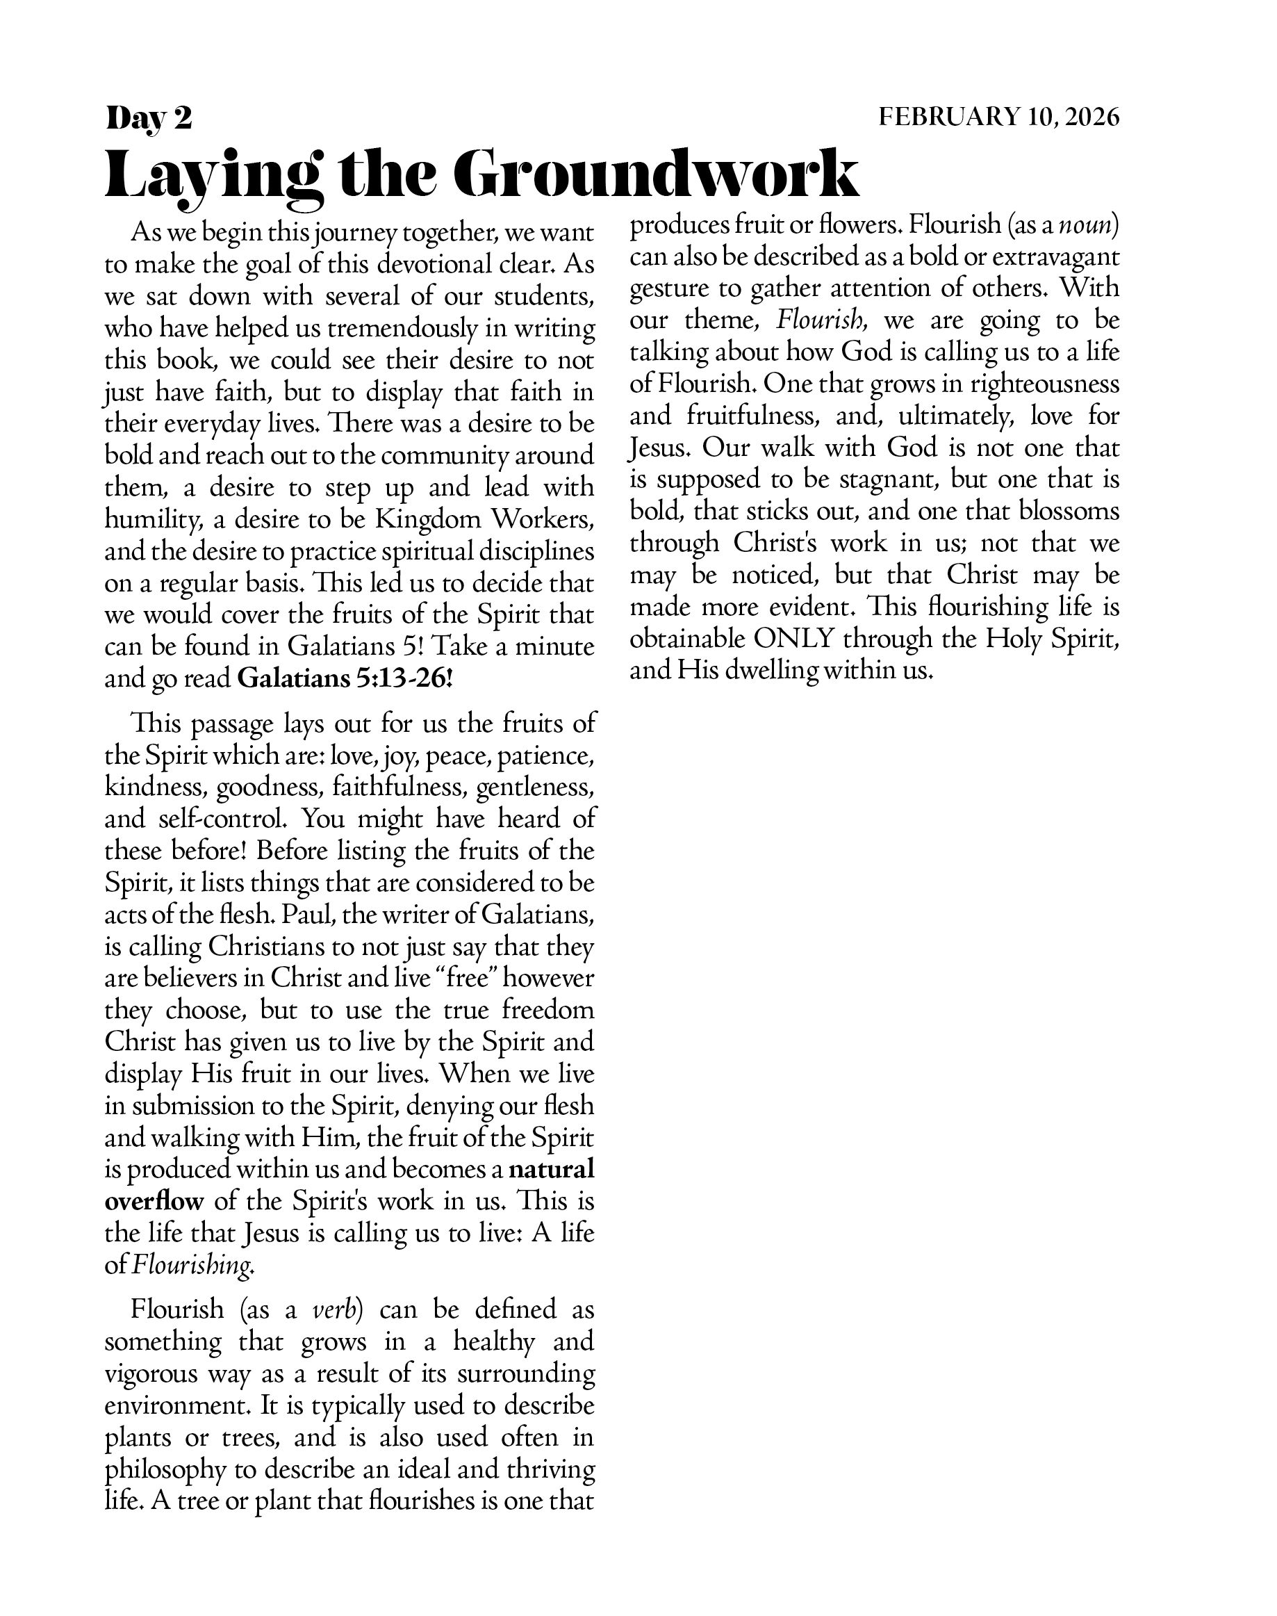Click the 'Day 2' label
[149, 118]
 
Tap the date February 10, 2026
[999, 117]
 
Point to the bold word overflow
[154, 1201]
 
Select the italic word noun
[1089, 225]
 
